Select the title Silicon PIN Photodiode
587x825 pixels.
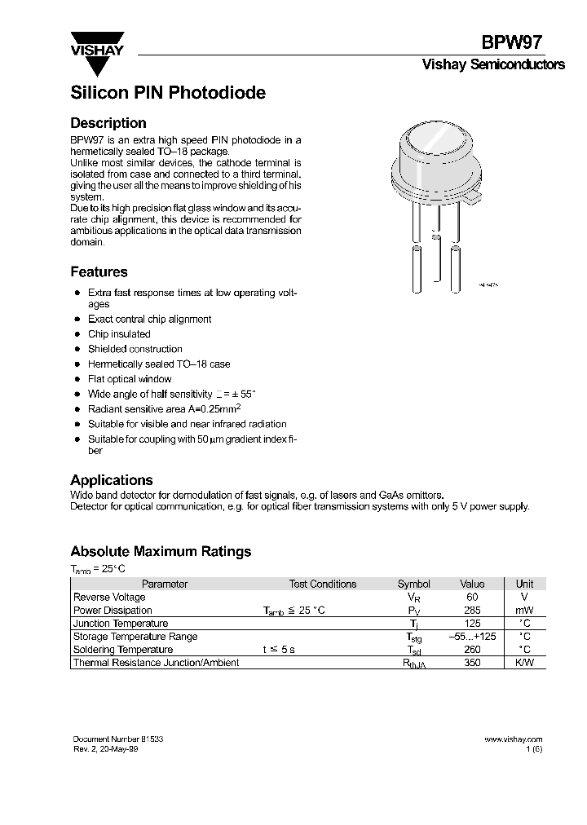coord(168,93)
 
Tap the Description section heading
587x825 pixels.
coord(108,124)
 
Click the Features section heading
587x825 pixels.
coord(99,272)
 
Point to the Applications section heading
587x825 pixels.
coord(112,480)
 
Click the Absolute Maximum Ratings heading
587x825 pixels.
coord(161,552)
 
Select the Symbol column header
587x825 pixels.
coord(413,584)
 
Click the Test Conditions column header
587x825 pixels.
coord(323,584)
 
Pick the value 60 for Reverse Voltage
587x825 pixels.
coord(472,597)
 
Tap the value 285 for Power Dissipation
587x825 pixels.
coord(472,610)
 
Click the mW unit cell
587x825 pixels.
coord(525,610)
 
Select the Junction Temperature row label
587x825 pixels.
coord(121,624)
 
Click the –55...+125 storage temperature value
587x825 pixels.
coord(472,637)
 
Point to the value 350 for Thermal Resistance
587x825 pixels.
coord(472,663)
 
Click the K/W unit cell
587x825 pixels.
coord(525,663)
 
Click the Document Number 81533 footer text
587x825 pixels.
coord(118,739)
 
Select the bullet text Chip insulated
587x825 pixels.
coord(119,334)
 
